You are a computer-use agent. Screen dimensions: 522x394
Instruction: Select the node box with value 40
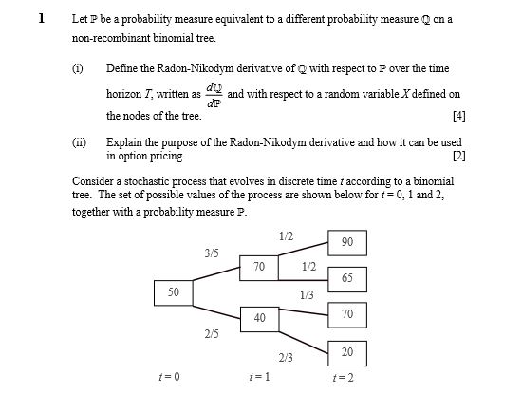(x=259, y=317)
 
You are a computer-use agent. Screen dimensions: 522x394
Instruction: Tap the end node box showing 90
(x=347, y=242)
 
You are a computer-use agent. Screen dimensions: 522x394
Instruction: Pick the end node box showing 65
(x=347, y=278)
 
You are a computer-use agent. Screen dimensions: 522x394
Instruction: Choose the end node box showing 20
(x=347, y=352)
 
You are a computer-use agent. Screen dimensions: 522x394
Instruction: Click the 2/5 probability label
(x=211, y=334)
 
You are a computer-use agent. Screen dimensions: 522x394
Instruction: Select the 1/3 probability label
(x=306, y=295)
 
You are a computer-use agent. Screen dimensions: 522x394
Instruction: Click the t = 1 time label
(x=258, y=378)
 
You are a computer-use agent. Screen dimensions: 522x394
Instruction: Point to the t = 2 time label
(x=346, y=378)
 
